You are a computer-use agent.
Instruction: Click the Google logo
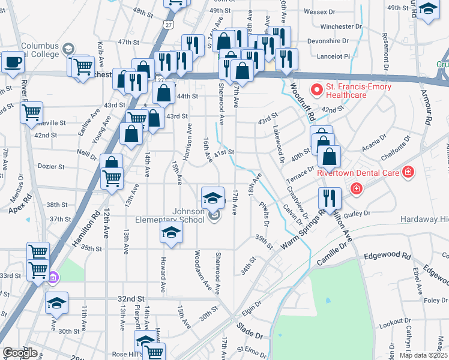click(20, 352)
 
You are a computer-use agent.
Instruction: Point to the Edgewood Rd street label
click(387, 256)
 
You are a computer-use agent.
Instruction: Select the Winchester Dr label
click(341, 26)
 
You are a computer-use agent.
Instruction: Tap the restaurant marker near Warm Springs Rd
click(330, 198)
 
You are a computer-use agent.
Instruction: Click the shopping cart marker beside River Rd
click(32, 112)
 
